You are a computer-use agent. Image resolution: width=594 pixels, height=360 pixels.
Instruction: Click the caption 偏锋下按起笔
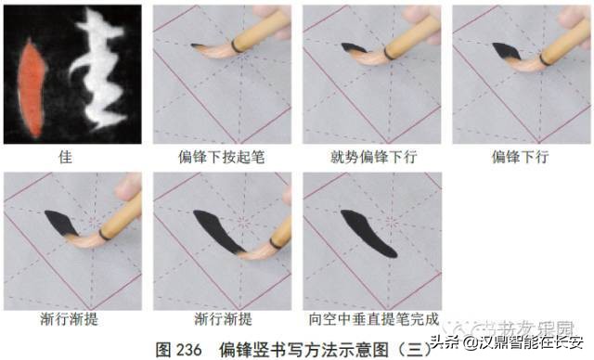coord(222,157)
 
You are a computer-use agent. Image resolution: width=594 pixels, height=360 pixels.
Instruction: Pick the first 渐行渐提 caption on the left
coord(71,319)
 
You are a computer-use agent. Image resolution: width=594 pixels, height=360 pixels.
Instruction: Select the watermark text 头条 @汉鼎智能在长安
coord(521,342)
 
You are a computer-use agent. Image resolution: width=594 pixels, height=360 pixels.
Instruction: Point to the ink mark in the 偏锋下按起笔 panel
coord(200,45)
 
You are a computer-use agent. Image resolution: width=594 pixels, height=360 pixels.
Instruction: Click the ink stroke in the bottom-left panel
coord(59,223)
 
